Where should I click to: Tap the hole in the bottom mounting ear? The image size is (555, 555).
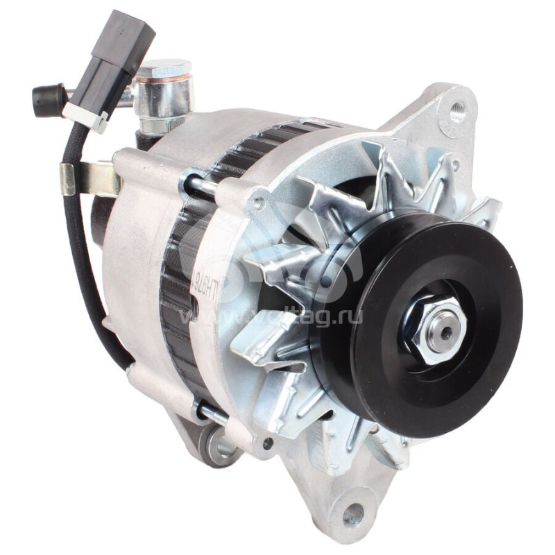coord(353,514)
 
